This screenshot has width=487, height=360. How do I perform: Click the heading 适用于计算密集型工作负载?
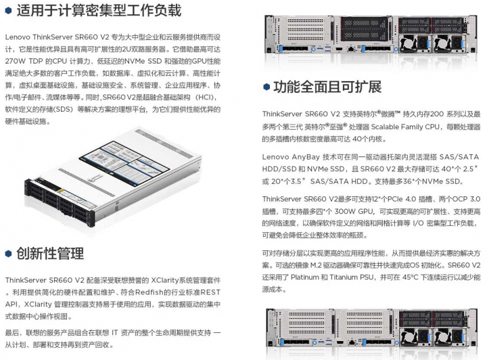tap(95, 11)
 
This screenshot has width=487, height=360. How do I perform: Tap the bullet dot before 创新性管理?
tap(9, 253)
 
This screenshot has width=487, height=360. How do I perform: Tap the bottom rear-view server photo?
tap(374, 333)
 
